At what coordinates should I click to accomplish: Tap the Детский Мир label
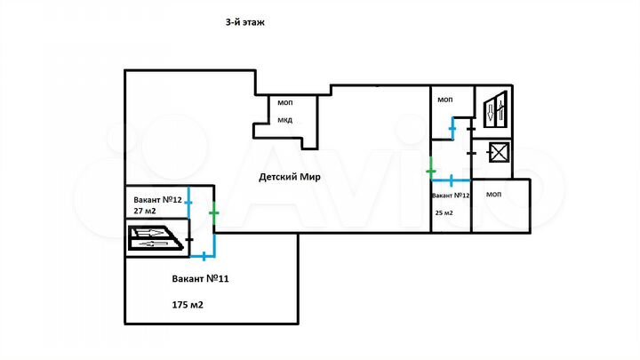point(290,176)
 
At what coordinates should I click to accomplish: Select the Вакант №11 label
point(201,278)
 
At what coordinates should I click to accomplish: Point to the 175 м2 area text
point(188,305)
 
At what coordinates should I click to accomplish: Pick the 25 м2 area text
point(444,213)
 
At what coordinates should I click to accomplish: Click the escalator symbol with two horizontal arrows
point(156,238)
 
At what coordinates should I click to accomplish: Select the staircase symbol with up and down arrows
point(492,110)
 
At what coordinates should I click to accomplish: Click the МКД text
point(284,120)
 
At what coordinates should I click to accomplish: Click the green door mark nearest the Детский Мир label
point(213,212)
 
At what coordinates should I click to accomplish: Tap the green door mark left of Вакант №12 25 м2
point(430,169)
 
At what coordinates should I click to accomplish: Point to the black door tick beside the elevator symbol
point(470,153)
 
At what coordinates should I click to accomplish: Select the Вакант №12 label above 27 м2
point(157,199)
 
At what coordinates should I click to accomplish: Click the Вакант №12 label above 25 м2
point(450,195)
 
